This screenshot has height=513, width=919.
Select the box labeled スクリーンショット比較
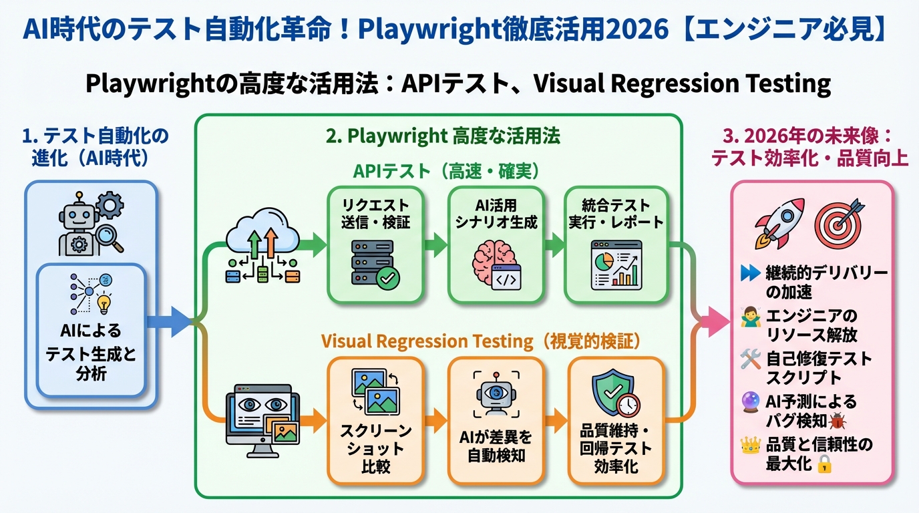pyautogui.click(x=375, y=420)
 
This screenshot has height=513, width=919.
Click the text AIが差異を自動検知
pyautogui.click(x=496, y=448)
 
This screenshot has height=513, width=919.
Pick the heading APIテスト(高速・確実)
pyautogui.click(x=445, y=171)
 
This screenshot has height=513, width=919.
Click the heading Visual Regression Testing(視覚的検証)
pyautogui.click(x=481, y=341)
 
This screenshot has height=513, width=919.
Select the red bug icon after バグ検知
pyautogui.click(x=837, y=421)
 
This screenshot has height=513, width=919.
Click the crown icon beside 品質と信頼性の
pyautogui.click(x=751, y=445)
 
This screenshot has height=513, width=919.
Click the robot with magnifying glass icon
pyautogui.click(x=90, y=224)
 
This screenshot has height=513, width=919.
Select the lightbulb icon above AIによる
pyautogui.click(x=104, y=304)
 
